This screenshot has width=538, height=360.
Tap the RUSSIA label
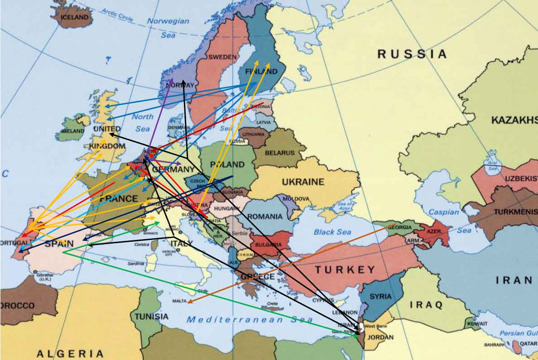point(412,54)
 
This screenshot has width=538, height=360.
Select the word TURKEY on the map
point(345,270)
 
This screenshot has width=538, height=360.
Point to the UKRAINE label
point(303,182)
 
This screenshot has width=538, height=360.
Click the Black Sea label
point(332,232)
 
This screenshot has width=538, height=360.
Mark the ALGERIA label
point(70,354)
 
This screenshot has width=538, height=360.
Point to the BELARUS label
point(279,153)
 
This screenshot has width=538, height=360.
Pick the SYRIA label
point(381,297)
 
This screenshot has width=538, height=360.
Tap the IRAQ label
point(426,305)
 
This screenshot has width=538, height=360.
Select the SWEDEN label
point(222,57)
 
